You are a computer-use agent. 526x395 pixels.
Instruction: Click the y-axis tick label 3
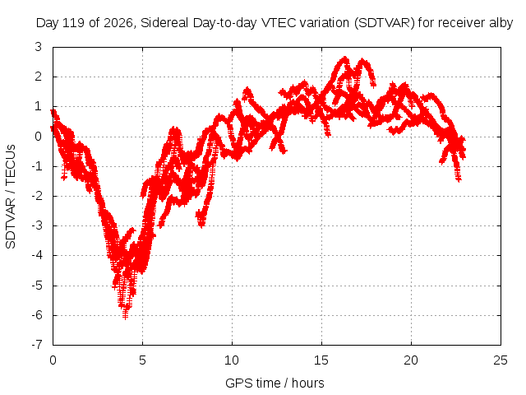[x=39, y=47]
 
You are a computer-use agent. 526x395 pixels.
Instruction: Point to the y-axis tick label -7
[x=36, y=345]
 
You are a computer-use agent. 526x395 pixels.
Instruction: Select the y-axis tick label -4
[x=36, y=255]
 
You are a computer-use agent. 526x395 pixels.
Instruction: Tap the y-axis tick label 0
[x=39, y=137]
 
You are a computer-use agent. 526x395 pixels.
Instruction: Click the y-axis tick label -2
[x=36, y=196]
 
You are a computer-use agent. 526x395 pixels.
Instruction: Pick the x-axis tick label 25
[x=501, y=360]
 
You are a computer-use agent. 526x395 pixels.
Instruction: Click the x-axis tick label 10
[x=232, y=360]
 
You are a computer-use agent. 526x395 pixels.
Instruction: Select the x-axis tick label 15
[x=321, y=360]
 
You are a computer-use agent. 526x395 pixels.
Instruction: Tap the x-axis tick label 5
[x=142, y=360]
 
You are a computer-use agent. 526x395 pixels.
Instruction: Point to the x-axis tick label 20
[x=411, y=360]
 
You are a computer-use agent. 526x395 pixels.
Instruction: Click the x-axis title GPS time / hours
[x=275, y=383]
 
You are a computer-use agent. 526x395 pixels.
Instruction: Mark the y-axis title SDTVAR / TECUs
[x=11, y=197]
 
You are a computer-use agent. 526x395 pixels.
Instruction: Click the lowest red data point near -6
[x=125, y=316]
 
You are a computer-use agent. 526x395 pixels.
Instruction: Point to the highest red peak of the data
[x=344, y=59]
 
